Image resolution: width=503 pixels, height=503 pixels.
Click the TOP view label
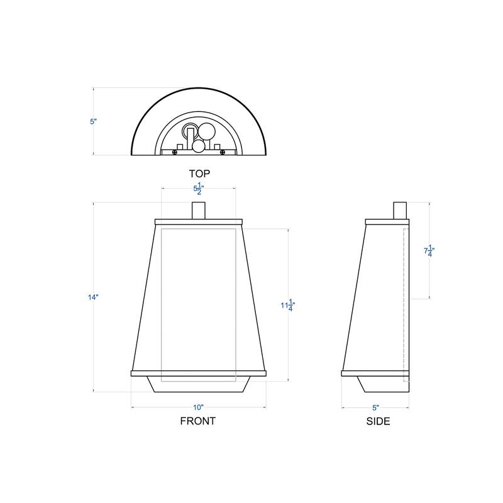coord(199,173)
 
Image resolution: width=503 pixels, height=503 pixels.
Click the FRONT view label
coord(198,421)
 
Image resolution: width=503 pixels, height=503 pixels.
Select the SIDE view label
coord(378,421)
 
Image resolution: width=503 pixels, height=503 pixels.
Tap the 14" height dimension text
coord(94,297)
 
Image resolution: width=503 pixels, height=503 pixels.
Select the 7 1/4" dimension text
coord(429,251)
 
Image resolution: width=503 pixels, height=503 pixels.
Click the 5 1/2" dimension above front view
coord(199,187)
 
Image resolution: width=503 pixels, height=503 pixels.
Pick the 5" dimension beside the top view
coord(94,121)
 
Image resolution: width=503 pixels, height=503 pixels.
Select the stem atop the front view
coord(199,210)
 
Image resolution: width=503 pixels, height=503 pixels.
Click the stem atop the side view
coord(400,210)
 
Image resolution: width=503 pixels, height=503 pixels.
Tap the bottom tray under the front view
coord(199,384)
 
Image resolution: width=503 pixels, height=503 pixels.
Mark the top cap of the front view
coord(199,221)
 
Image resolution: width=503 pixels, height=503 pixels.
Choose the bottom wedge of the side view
coord(368,384)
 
